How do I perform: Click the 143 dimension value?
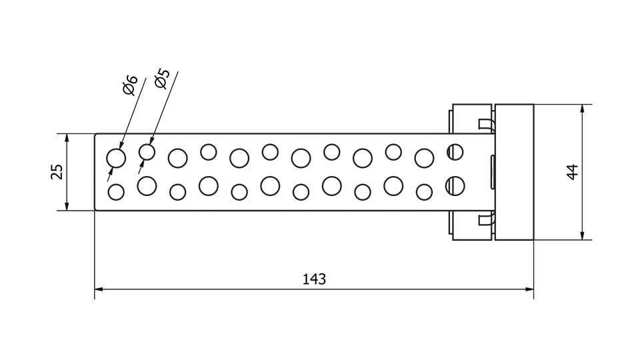pyautogui.click(x=314, y=279)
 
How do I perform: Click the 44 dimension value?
pyautogui.click(x=571, y=171)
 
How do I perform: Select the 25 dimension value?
pyautogui.click(x=57, y=171)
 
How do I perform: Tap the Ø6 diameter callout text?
pyautogui.click(x=130, y=85)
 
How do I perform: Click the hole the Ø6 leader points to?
pyautogui.click(x=117, y=158)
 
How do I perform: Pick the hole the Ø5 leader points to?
pyautogui.click(x=147, y=153)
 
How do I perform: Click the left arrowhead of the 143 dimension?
pyautogui.click(x=99, y=289)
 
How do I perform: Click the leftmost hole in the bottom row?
pyautogui.click(x=116, y=192)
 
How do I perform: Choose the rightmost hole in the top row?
pyautogui.click(x=455, y=152)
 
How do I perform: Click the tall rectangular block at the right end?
pyautogui.click(x=514, y=171)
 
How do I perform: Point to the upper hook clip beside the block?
pyautogui.click(x=485, y=124)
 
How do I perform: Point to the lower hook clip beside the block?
pyautogui.click(x=485, y=219)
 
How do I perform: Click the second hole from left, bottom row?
pyautogui.click(x=147, y=185)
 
